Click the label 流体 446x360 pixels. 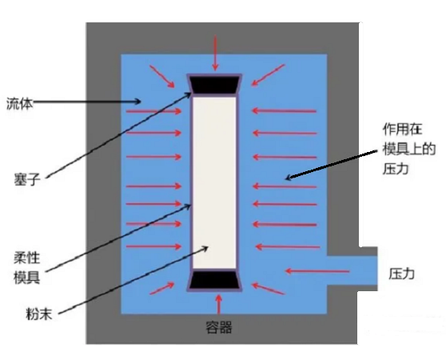20,104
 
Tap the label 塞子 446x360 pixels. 26,180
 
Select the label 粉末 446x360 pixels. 38,314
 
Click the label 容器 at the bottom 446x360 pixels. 218,327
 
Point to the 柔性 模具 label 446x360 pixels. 26,268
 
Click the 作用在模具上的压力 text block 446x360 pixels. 409,149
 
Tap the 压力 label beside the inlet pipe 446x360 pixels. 401,274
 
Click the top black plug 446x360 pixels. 214,85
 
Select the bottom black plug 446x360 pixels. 214,280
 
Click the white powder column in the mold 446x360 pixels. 214,182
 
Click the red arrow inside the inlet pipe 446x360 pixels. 317,271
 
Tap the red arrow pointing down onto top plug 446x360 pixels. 215,53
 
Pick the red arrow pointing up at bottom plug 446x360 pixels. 218,304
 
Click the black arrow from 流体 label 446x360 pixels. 87,102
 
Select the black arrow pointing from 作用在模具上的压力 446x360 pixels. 331,166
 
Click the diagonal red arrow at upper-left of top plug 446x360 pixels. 161,76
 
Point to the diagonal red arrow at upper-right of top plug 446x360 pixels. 268,75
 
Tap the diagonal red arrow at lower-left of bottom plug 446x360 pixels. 161,288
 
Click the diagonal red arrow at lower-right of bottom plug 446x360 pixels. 268,288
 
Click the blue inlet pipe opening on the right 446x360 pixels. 352,270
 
